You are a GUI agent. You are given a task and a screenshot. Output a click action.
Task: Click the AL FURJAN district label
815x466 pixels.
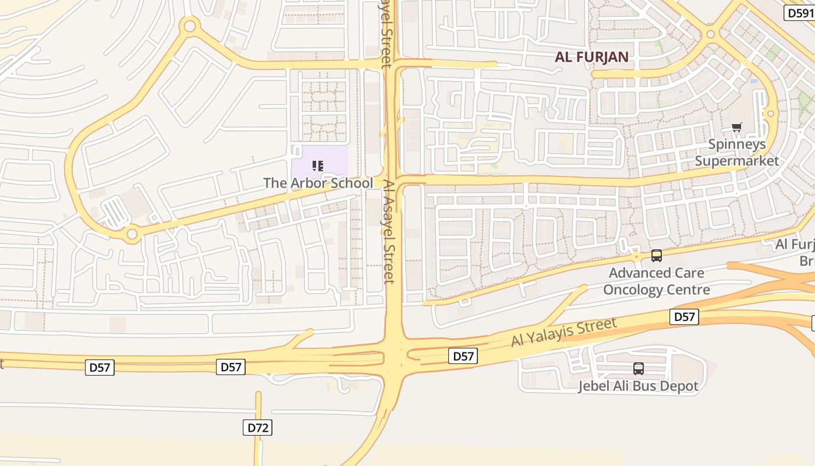point(591,57)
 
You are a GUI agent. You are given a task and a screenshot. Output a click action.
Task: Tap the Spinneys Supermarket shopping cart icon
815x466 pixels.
point(737,128)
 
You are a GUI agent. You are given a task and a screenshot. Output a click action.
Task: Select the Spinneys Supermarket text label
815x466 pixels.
point(737,153)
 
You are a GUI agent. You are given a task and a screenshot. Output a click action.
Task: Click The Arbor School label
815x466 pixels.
point(318,183)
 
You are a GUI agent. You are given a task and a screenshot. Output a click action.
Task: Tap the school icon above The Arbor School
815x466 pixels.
point(318,166)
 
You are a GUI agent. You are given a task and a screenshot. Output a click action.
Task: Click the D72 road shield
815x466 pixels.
point(257,428)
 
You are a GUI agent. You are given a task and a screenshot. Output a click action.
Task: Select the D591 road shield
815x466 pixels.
point(799,13)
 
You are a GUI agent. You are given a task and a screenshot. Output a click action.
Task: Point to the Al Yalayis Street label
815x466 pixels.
point(564,332)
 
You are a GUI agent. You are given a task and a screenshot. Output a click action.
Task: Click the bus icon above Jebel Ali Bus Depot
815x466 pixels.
point(639,368)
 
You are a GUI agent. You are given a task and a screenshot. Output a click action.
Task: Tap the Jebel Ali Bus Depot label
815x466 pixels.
point(638,386)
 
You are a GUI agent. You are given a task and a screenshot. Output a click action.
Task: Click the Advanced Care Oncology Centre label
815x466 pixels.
point(657,281)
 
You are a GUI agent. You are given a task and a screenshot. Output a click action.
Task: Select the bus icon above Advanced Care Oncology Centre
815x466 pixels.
point(657,255)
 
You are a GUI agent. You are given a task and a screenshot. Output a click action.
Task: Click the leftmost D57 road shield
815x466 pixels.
point(100,368)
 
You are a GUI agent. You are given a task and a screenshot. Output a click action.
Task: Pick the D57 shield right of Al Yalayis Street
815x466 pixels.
point(684,317)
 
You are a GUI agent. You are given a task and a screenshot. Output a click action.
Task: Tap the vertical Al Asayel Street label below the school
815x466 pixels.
point(389,232)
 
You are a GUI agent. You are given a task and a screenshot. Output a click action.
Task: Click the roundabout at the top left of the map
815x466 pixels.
point(189,26)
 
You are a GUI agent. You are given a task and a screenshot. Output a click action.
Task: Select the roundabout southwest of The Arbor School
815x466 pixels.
point(132,234)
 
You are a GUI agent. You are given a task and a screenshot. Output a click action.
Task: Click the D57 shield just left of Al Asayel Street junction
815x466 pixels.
point(231,367)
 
